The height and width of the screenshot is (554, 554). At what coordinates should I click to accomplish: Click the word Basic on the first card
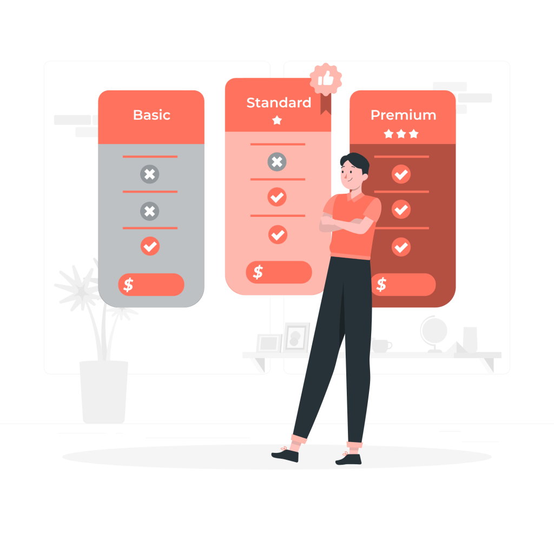point(151,115)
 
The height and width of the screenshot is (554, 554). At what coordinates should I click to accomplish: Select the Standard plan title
point(279,103)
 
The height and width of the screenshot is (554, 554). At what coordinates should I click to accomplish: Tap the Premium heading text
point(403,115)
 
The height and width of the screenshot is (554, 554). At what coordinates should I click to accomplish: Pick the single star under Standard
point(277,120)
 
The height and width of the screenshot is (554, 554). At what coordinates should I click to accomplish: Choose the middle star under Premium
point(401,134)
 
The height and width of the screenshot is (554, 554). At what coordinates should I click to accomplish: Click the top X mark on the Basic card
point(150,174)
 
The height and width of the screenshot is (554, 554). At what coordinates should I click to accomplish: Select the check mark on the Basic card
point(150,246)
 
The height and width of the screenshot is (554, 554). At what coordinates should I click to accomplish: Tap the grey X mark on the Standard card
point(277,162)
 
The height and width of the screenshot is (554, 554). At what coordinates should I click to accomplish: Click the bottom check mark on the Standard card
point(278,235)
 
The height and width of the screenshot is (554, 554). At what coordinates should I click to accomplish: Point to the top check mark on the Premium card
point(401,174)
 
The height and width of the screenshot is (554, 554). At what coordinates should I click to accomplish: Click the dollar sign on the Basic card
point(128,285)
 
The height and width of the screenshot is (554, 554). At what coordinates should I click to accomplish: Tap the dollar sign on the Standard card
point(258,272)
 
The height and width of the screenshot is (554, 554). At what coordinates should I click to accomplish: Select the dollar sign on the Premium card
point(381,285)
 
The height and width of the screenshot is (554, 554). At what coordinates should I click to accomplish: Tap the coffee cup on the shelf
point(381,345)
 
